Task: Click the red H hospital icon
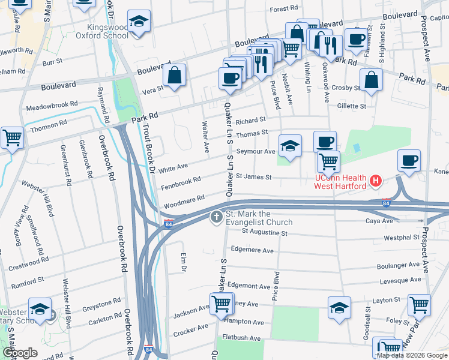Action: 376,180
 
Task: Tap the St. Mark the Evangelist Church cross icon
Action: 216,217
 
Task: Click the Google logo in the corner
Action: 20,353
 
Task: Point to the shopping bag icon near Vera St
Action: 174,76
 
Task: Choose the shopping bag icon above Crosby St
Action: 372,80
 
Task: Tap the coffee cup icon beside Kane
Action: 409,161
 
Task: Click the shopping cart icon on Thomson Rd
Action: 12,138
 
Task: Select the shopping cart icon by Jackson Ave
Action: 221,304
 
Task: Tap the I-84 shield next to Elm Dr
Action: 169,224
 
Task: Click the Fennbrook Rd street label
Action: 181,182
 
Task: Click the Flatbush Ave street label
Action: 241,338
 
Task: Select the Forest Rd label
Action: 284,10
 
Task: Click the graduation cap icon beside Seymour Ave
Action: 289,146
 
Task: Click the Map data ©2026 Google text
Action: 412,355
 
